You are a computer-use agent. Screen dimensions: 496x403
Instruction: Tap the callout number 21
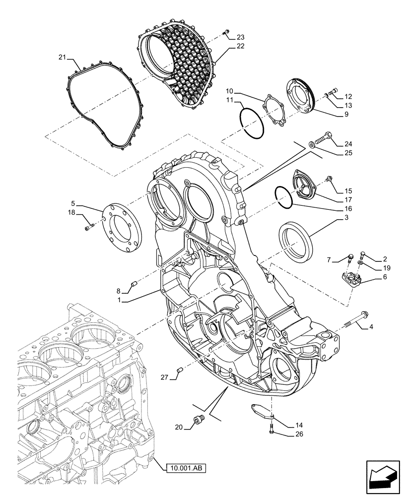(62, 58)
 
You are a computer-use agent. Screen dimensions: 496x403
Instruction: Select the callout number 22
(240, 46)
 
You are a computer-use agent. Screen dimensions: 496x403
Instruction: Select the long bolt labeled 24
(326, 137)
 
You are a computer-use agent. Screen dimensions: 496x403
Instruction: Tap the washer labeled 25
(311, 144)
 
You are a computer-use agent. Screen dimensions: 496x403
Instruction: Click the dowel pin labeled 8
(133, 284)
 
